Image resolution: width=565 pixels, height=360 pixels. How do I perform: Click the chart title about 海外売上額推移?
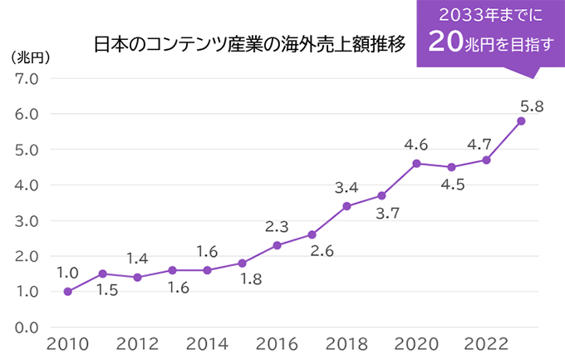[250, 44]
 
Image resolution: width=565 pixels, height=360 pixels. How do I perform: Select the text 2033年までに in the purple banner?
[485, 14]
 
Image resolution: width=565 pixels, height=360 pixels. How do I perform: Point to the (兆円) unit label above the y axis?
[32, 57]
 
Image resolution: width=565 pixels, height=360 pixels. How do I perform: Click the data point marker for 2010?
[67, 291]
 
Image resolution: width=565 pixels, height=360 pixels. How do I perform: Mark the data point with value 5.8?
[521, 121]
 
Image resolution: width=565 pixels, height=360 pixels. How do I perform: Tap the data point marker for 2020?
[416, 163]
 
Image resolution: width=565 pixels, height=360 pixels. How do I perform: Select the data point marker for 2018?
[346, 206]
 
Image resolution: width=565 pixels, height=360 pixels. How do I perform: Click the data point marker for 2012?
[137, 277]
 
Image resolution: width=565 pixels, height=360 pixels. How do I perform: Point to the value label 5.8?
[532, 106]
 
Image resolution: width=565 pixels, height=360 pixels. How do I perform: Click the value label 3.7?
[386, 214]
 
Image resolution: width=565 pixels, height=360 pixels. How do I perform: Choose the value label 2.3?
[277, 226]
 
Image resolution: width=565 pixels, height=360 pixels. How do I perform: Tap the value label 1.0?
[67, 272]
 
